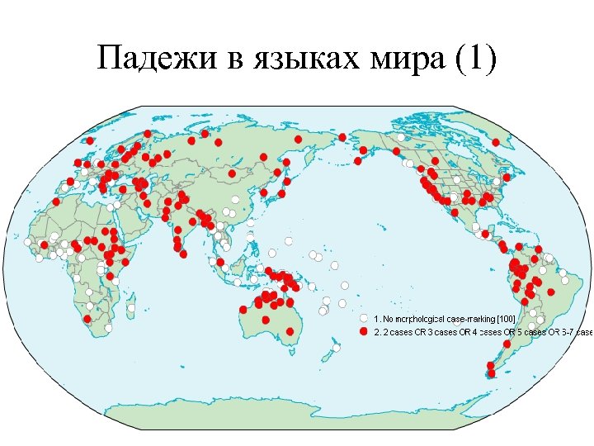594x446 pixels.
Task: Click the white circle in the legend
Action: click(x=363, y=318)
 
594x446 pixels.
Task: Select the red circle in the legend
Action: click(x=363, y=331)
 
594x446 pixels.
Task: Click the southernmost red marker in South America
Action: click(x=491, y=373)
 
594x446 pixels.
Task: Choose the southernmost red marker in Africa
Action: click(x=87, y=318)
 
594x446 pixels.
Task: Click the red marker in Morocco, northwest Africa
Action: click(x=55, y=202)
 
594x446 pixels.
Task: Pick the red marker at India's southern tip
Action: click(x=179, y=251)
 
